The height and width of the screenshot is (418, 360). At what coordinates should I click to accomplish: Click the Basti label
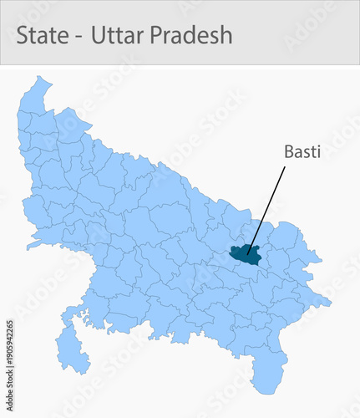302,152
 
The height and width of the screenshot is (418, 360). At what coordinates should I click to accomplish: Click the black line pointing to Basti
266,209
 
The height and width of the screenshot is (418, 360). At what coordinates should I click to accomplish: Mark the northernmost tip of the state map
38,77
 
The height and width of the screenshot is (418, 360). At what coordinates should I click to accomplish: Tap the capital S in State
23,36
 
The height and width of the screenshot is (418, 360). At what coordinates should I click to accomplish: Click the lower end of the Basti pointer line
248,251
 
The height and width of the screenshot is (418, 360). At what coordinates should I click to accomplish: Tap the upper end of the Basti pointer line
284,167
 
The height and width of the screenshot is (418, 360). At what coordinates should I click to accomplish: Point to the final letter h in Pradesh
226,36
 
